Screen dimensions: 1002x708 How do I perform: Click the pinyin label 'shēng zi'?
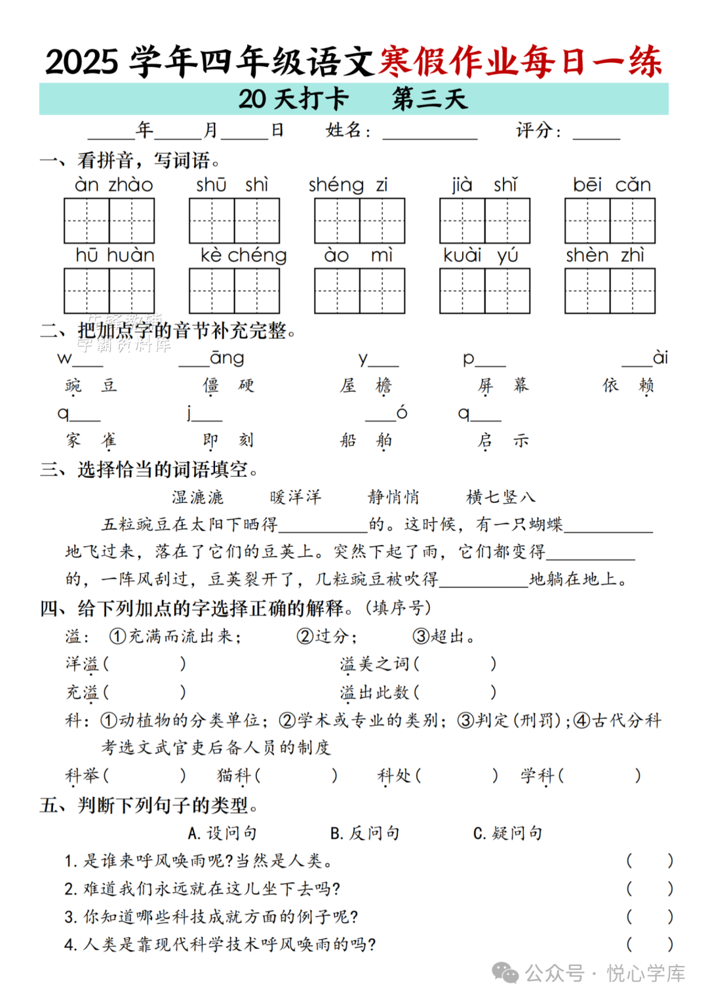pos(348,186)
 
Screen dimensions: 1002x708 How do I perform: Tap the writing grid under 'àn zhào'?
pos(109,221)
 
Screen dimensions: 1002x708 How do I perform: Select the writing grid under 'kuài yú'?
pos(484,291)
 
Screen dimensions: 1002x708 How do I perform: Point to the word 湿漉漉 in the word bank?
pos(197,497)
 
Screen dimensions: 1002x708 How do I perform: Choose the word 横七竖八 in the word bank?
pos(500,497)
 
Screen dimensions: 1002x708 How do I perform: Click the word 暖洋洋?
pos(296,497)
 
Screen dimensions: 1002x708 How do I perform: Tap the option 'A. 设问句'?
pos(222,833)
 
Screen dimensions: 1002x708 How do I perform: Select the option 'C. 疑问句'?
pos(507,833)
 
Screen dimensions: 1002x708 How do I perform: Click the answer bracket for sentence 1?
pos(649,860)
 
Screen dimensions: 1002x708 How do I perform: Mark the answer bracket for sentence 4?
pos(649,944)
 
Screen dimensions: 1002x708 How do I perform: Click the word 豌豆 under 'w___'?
pos(91,385)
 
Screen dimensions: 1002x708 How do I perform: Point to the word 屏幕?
pos(503,385)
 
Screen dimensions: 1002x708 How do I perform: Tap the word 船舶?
pos(366,440)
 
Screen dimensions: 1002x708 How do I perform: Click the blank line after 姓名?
pos(430,133)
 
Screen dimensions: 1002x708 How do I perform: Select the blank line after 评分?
pos(596,133)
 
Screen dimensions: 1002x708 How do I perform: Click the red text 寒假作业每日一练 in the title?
pos(521,62)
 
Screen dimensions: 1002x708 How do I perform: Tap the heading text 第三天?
pos(429,99)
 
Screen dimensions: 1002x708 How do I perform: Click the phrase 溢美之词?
pos(374,664)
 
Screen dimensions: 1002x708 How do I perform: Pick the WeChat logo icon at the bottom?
pos(505,973)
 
